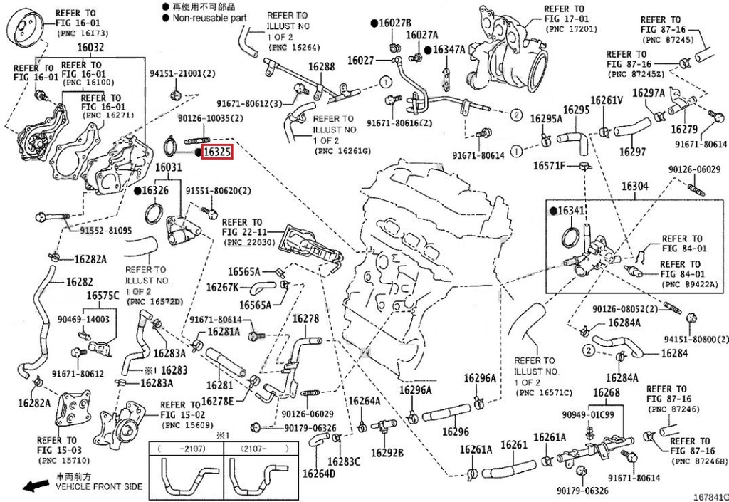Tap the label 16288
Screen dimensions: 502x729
(x=321, y=67)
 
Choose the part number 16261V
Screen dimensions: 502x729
(x=607, y=100)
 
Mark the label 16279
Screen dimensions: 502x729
(x=683, y=130)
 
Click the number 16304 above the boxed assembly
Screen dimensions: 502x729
(x=635, y=186)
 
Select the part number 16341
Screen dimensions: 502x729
(x=571, y=211)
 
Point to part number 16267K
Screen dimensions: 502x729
(x=222, y=287)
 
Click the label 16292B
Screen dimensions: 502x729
(x=388, y=453)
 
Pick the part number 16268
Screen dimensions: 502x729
(x=606, y=394)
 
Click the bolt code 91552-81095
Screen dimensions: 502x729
(x=105, y=231)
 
